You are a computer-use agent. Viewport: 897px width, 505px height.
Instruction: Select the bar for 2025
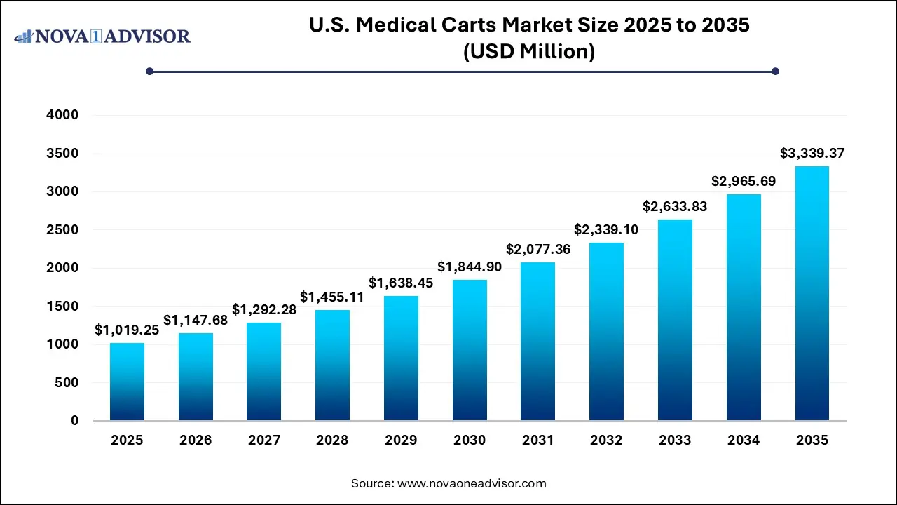(x=127, y=382)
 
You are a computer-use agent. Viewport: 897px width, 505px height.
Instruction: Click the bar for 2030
(x=470, y=350)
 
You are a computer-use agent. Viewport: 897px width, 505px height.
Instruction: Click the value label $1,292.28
(x=264, y=309)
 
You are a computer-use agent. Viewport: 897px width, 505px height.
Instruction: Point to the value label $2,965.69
(x=744, y=181)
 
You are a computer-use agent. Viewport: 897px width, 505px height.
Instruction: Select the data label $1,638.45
(x=401, y=283)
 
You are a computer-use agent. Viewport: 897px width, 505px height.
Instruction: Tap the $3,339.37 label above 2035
(x=812, y=153)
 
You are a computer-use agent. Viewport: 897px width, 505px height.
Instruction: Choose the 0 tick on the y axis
(x=74, y=421)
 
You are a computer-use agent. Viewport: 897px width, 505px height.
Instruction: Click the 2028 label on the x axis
(x=332, y=440)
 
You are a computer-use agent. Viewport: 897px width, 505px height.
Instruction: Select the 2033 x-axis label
(x=675, y=440)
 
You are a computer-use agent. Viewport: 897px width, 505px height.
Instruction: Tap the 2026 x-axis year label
(x=196, y=440)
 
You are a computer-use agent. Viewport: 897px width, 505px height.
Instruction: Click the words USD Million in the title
(x=529, y=51)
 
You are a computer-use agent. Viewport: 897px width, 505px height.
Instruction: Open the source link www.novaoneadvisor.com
(x=472, y=483)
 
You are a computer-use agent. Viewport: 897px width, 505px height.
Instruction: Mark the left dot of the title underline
(x=149, y=71)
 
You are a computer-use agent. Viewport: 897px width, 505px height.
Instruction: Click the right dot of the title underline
(x=775, y=71)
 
